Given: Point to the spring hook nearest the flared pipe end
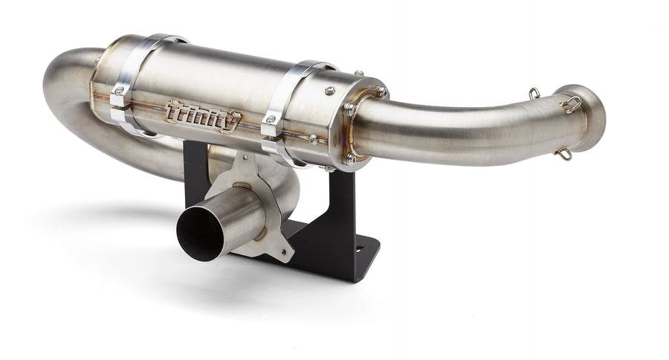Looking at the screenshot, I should tap(572, 104).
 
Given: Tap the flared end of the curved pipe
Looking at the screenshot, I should tap(592, 118).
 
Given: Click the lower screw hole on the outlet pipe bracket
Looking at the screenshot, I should tap(283, 254).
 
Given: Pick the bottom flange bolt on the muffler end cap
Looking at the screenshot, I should tap(349, 158).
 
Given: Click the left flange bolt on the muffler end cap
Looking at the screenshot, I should tap(347, 109).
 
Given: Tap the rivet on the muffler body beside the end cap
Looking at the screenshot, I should tap(328, 91).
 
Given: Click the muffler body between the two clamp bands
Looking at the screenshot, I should tap(216, 89).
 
